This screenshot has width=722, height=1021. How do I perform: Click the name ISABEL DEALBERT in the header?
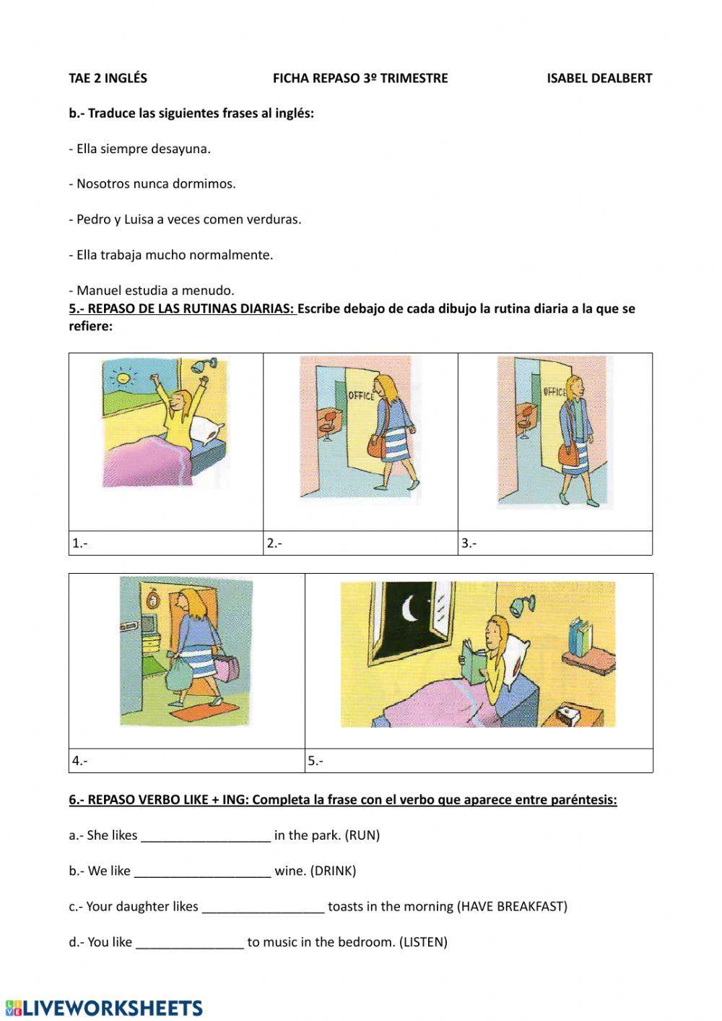599,78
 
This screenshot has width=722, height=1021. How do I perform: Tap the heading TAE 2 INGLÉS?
108,78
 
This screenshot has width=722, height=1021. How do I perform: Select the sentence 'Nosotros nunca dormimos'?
152,184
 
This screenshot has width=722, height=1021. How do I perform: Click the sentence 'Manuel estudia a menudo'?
152,290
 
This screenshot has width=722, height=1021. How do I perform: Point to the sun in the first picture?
122,376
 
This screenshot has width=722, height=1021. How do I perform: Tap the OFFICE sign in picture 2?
361,396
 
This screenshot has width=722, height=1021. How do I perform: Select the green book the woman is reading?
474,663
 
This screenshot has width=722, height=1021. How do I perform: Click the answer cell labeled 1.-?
166,543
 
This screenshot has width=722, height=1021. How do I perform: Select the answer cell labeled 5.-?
479,760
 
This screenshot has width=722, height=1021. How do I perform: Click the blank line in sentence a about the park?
206,836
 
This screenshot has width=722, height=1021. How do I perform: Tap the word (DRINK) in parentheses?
333,871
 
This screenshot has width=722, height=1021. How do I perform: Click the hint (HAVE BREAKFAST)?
513,906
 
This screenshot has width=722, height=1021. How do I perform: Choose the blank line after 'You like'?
190,942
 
